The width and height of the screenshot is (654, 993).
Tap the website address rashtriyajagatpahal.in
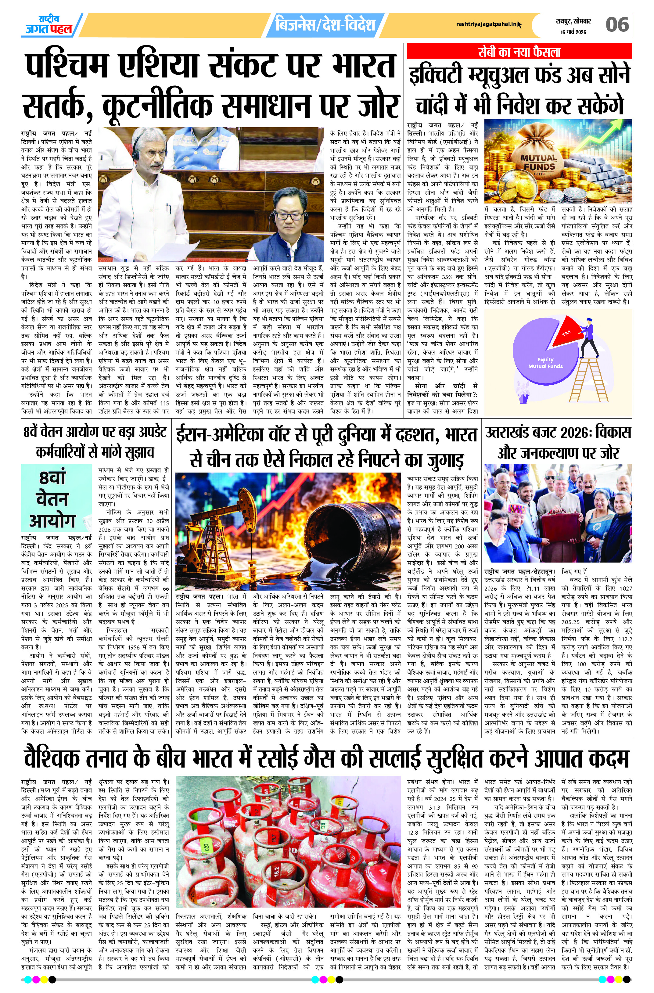(486, 24)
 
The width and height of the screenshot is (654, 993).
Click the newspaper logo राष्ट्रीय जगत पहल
(49, 25)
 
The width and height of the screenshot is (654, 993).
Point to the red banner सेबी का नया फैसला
(519, 52)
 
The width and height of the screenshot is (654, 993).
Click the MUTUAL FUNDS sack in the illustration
(538, 163)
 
